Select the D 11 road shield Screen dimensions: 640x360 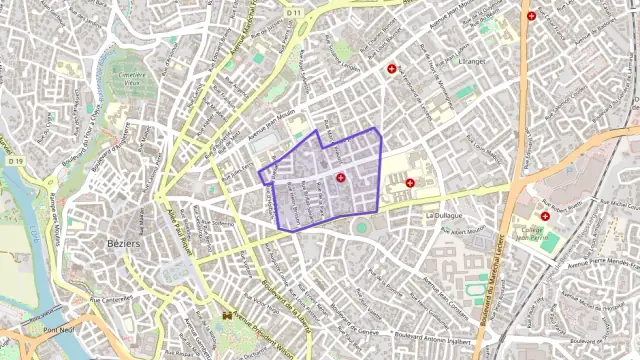[294, 12]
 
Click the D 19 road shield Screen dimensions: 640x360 [15, 160]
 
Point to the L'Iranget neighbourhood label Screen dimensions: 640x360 [469, 61]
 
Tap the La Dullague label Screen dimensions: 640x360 [443, 215]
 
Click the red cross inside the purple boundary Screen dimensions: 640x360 [341, 178]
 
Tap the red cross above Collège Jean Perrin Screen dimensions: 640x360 [545, 215]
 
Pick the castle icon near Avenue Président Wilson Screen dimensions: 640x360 [227, 317]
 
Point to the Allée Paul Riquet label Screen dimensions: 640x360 [181, 233]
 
